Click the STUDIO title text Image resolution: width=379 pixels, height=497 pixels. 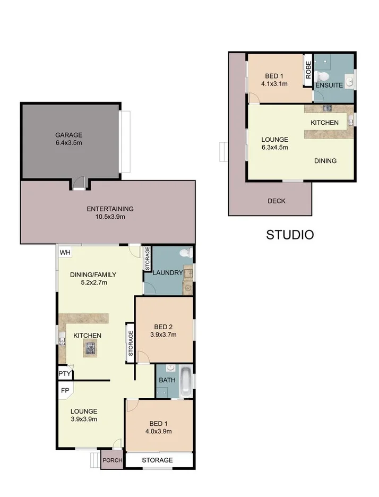[x=290, y=234]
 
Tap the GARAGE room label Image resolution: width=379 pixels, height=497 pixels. [x=69, y=135]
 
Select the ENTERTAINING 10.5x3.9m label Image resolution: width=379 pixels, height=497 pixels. [x=110, y=212]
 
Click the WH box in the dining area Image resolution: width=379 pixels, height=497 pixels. [x=65, y=252]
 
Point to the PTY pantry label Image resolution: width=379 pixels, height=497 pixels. [x=65, y=374]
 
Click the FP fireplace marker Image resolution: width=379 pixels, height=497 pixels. [x=65, y=390]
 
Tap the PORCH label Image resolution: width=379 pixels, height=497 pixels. [x=112, y=460]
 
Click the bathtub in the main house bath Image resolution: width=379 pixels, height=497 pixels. [x=185, y=381]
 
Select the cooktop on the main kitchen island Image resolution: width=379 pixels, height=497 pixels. [x=90, y=349]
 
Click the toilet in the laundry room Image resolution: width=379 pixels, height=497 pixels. [x=185, y=253]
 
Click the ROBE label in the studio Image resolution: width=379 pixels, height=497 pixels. [x=308, y=71]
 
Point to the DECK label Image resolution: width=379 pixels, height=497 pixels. [x=276, y=201]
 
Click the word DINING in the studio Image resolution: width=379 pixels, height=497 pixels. [x=325, y=160]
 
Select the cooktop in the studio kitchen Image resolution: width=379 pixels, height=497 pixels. [x=328, y=108]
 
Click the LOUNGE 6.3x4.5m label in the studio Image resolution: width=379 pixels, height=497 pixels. [x=274, y=143]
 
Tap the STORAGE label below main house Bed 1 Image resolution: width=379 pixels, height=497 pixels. [x=158, y=460]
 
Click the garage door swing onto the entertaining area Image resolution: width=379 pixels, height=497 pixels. [x=79, y=183]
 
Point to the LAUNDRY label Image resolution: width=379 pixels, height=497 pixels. [x=168, y=273]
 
